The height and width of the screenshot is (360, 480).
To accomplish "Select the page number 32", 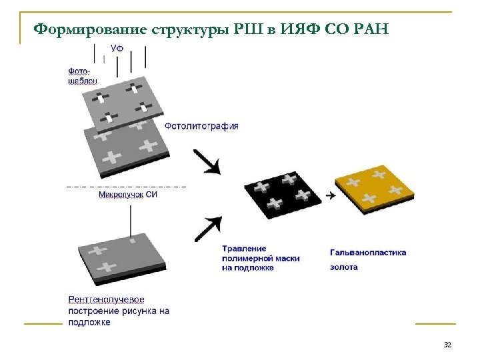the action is point(447,345).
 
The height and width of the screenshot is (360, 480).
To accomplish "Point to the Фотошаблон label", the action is point(82,75).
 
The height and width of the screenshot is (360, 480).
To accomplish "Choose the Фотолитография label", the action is point(201,125).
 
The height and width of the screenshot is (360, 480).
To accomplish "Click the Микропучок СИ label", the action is point(128,195).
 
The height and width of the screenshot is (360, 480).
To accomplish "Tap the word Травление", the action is point(244,248).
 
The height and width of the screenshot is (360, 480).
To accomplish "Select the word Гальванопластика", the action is point(368,252).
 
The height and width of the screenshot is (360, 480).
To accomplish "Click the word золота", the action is point(344,267).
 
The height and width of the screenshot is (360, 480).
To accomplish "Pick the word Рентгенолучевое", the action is point(107,300).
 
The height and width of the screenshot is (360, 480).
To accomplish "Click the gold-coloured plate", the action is point(375,189).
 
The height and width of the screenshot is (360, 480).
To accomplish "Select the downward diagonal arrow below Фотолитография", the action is point(207,161).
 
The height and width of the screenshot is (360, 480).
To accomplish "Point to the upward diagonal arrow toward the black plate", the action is point(207,229).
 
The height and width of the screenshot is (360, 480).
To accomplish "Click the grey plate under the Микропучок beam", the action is point(120,257).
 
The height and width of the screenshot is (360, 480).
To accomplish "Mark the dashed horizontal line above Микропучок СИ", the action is point(127,185).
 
